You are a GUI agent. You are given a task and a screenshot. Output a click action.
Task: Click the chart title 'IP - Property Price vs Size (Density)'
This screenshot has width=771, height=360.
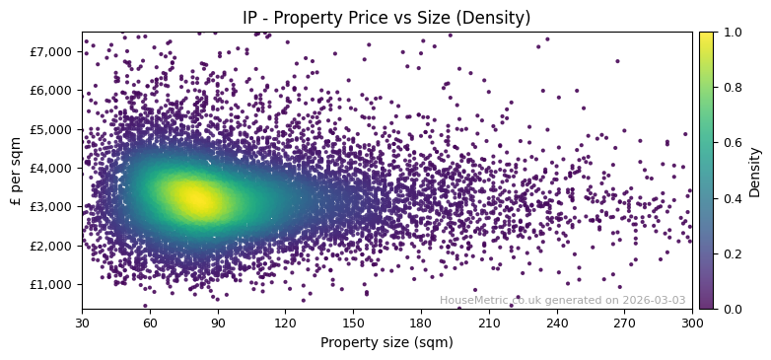click(x=386, y=18)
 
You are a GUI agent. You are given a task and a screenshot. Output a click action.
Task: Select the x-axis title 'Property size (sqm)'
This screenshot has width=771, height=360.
click(x=386, y=342)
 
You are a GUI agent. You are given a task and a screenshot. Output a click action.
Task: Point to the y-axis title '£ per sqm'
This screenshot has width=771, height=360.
click(x=16, y=171)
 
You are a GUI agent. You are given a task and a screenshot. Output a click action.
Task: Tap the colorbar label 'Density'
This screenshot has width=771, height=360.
click(x=755, y=171)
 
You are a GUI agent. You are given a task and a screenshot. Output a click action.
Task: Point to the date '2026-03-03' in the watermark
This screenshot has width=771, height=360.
click(x=654, y=300)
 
